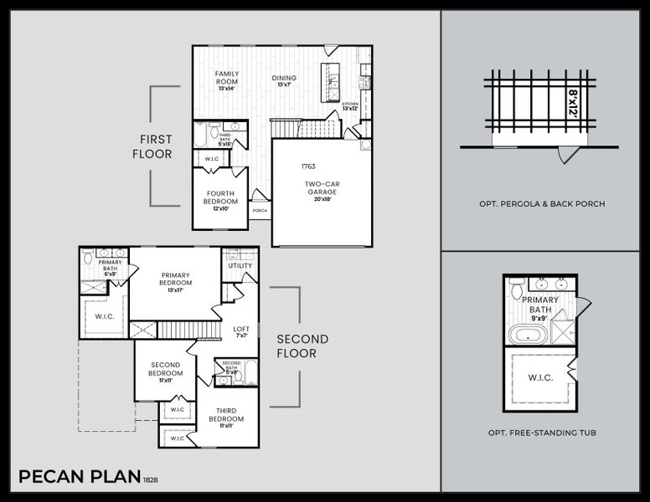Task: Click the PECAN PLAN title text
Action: click(79, 477)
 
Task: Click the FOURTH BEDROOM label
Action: click(221, 198)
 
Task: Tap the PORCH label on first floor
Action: click(260, 211)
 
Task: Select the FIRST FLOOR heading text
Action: click(156, 146)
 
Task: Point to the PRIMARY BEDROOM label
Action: click(176, 279)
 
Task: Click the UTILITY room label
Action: click(240, 265)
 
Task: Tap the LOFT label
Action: click(240, 330)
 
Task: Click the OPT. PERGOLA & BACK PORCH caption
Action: click(541, 203)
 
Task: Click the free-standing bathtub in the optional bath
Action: click(528, 336)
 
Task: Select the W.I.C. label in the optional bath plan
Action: click(540, 378)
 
